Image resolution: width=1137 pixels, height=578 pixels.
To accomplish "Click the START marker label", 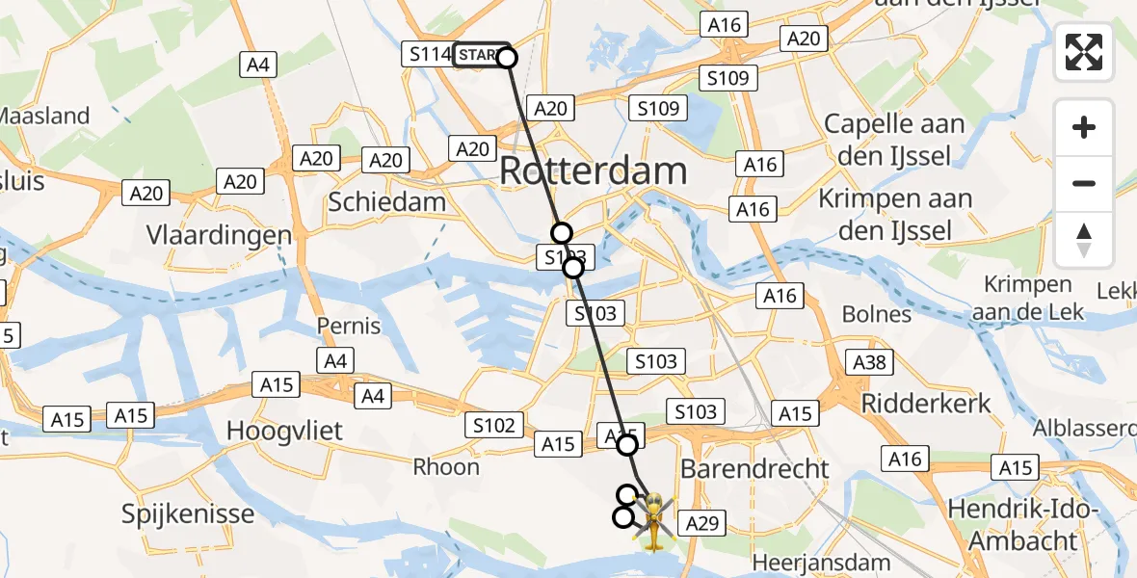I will [477, 56].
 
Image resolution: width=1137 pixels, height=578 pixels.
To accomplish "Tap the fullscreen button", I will [1084, 52].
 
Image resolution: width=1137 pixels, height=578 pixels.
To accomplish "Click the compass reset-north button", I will [1084, 240].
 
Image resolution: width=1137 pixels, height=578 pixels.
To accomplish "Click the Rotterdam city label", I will [594, 171].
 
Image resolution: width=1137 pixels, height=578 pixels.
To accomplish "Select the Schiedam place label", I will [386, 202].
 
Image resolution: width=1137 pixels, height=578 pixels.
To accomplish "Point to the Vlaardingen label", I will [219, 235].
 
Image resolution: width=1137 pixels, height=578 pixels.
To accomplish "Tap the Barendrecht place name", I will [754, 469].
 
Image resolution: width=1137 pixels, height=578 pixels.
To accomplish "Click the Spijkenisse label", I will [188, 513].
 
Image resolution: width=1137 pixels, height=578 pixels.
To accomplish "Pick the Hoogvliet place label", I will [284, 431].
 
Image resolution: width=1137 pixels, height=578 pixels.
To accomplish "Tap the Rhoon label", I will [446, 467].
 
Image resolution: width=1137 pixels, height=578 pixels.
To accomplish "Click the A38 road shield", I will [870, 362].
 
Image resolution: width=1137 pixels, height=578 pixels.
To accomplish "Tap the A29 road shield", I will [701, 524].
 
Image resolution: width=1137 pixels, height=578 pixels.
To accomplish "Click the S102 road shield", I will [494, 425].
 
